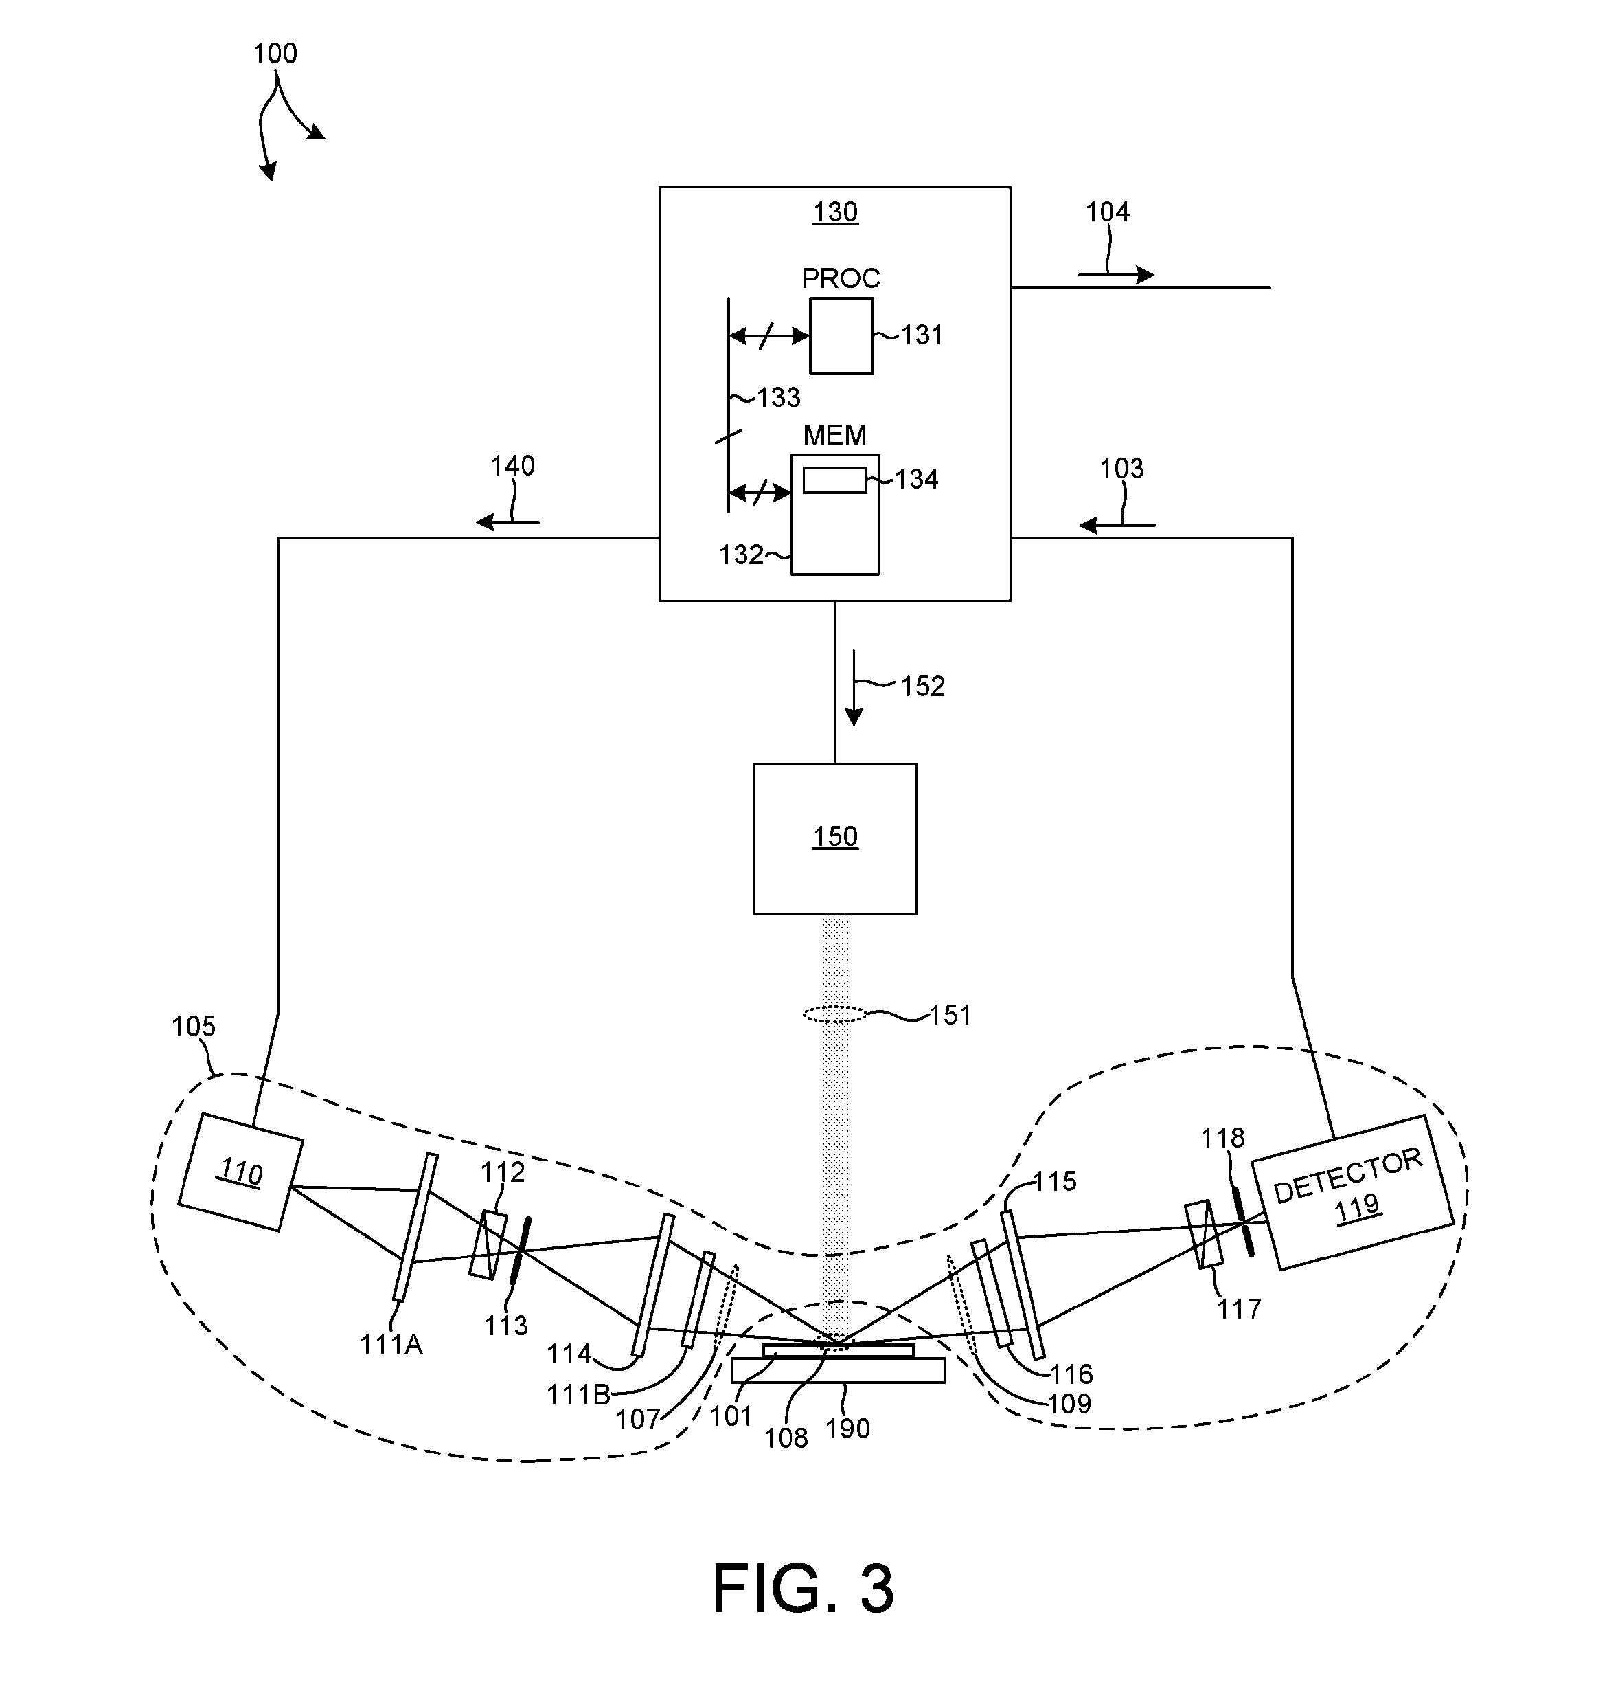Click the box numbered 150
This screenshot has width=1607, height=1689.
(834, 839)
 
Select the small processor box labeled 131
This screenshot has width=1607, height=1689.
(841, 336)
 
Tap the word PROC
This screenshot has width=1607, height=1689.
(841, 278)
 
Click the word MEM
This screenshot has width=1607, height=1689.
(834, 436)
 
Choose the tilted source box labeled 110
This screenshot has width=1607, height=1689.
(241, 1172)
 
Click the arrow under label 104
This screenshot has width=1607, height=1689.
(1116, 275)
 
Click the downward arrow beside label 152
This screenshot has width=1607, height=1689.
(853, 688)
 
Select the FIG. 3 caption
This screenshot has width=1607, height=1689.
(803, 1588)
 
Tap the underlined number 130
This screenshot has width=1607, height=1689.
(835, 212)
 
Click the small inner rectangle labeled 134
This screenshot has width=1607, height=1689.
(834, 480)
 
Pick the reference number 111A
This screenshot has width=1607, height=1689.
(391, 1345)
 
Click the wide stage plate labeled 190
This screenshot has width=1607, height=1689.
(838, 1370)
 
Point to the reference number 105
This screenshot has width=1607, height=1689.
(194, 1027)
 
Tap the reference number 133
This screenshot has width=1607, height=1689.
(779, 398)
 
